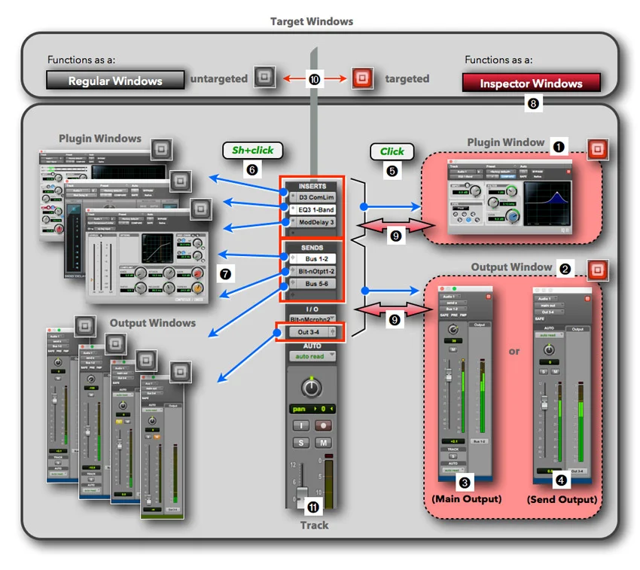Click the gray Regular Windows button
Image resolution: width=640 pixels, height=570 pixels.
pyautogui.click(x=115, y=81)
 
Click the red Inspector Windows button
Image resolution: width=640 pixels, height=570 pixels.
pyautogui.click(x=532, y=83)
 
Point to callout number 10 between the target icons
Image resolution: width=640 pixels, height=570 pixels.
pyautogui.click(x=313, y=78)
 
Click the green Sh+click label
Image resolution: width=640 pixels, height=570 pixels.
pyautogui.click(x=252, y=151)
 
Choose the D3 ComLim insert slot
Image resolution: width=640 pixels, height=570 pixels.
pyautogui.click(x=315, y=197)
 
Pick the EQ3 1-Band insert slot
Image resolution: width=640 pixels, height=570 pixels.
pyautogui.click(x=315, y=209)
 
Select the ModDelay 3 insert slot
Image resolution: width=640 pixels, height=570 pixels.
pyautogui.click(x=315, y=222)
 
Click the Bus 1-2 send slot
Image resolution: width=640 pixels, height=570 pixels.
pyautogui.click(x=315, y=258)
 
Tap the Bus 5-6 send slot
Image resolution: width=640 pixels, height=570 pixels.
pyautogui.click(x=315, y=284)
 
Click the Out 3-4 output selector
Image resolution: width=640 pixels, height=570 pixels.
pyautogui.click(x=309, y=331)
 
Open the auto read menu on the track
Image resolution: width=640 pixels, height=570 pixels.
pyautogui.click(x=311, y=356)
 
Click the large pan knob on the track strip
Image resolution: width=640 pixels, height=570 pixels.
pyautogui.click(x=310, y=387)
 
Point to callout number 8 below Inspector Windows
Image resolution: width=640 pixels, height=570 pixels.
pyautogui.click(x=534, y=104)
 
